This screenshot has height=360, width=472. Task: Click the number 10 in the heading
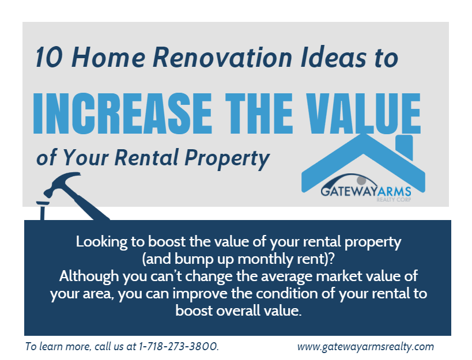pos(49,57)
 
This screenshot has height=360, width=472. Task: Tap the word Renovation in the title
pos(222,57)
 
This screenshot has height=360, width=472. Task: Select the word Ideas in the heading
pos(334,57)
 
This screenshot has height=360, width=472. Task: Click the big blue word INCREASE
pos(123,113)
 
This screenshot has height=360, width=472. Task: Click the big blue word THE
pos(259,113)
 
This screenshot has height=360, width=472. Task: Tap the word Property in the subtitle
pos(227,159)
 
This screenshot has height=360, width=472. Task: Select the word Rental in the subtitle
pos(146,157)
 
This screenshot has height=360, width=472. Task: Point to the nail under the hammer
pos(43,210)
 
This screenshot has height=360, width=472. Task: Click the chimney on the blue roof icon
pos(404,147)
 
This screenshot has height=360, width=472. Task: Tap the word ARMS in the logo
pos(394,192)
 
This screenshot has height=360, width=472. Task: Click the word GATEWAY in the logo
pos(349,191)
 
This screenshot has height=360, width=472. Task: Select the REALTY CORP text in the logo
pos(394,199)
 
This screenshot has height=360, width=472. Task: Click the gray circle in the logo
pos(361,180)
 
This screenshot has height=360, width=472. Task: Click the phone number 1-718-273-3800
pos(179,346)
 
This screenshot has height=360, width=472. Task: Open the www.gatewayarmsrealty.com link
pos(365,347)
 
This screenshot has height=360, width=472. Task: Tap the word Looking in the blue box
pos(101,242)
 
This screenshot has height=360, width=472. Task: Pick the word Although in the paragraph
pos(89,276)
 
